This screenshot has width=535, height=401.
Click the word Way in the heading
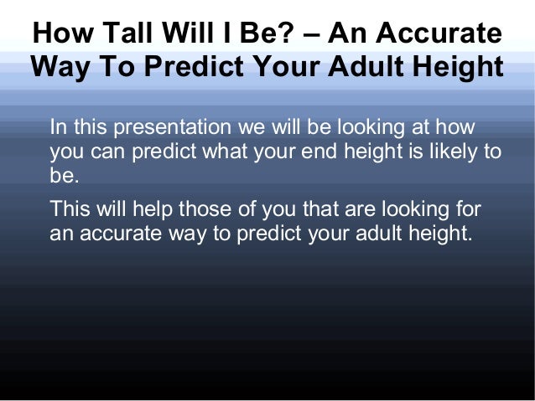tap(60, 67)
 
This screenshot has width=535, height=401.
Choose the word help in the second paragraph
tap(143, 208)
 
